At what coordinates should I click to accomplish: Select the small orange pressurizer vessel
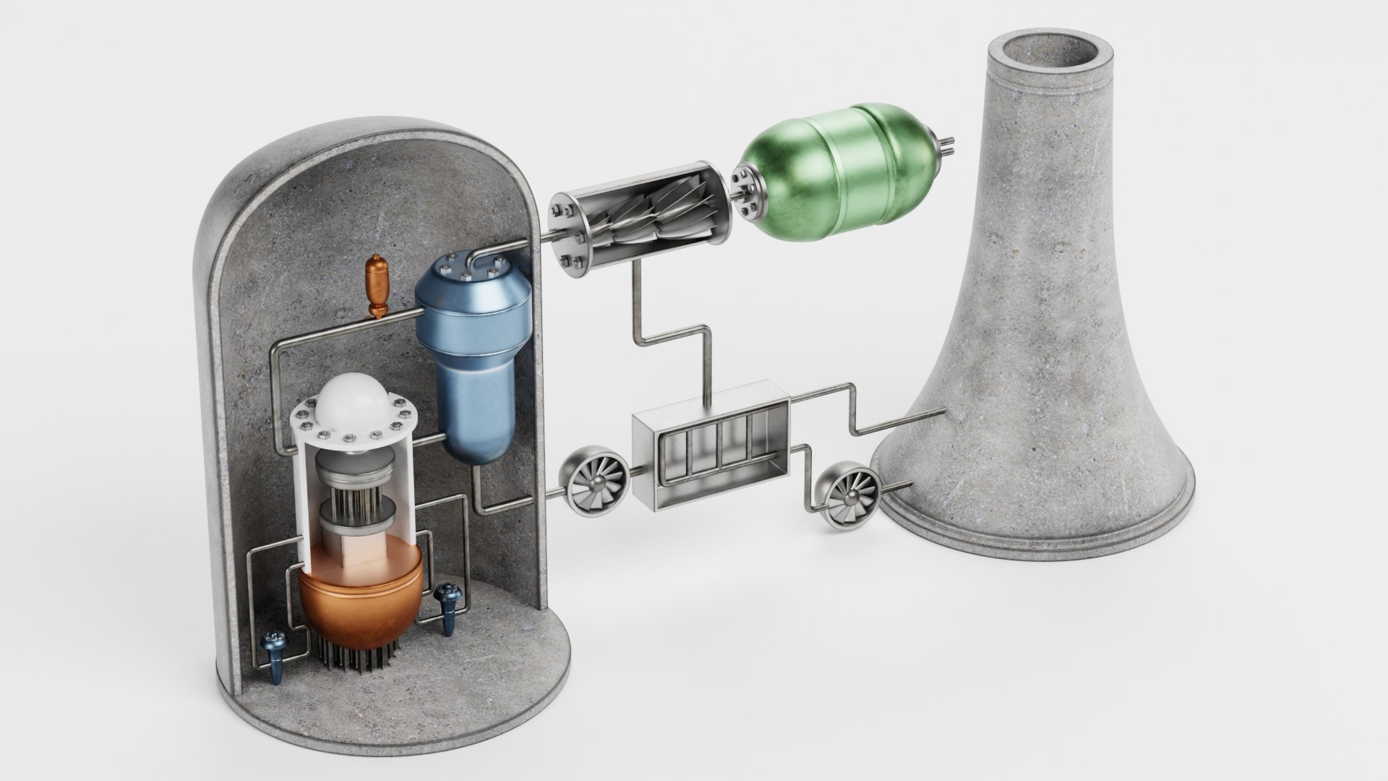(377, 285)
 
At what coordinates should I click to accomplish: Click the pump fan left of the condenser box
(596, 477)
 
